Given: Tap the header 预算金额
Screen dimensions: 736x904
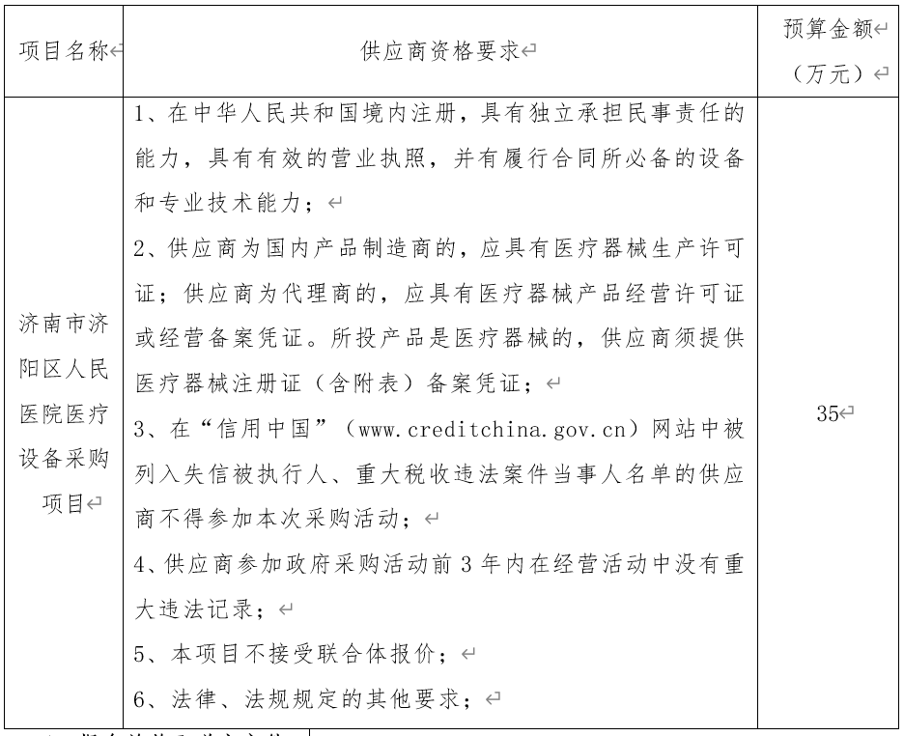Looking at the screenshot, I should pyautogui.click(x=827, y=29).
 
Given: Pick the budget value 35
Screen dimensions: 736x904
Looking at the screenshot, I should pyautogui.click(x=827, y=414).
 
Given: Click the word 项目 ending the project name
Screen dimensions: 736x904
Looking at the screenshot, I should pyautogui.click(x=61, y=503).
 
